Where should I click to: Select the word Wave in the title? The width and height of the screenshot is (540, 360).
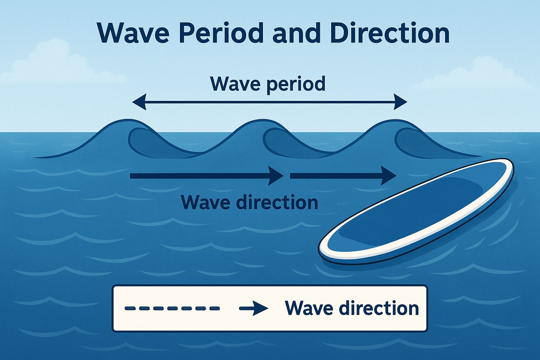point(133,33)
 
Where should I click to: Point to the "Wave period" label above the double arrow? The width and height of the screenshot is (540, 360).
point(268,84)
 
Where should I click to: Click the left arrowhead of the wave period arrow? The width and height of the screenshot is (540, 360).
point(139,102)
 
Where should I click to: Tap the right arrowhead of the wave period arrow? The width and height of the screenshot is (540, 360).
point(400,102)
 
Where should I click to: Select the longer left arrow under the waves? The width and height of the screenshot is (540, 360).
point(207,176)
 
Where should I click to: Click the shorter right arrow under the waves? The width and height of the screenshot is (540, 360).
point(343,176)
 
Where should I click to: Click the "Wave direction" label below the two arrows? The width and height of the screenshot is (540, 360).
point(250,202)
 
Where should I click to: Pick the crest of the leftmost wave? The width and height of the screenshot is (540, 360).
point(128,120)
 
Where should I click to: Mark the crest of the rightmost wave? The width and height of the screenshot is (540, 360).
point(394,120)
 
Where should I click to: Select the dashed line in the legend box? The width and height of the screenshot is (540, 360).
point(172,308)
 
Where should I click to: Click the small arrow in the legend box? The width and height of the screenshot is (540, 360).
point(253,308)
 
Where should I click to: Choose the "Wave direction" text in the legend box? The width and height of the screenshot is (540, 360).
point(352,308)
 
